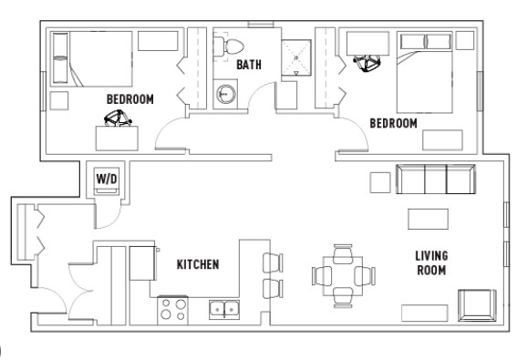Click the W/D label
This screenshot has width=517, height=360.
(x=106, y=179)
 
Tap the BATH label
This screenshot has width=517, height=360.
(x=248, y=66)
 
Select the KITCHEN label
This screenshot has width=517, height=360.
(x=197, y=264)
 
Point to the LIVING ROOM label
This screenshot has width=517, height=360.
(x=430, y=263)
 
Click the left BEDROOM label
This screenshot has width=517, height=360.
(x=129, y=98)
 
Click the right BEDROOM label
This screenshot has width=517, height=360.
(x=393, y=122)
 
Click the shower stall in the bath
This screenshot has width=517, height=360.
(x=295, y=55)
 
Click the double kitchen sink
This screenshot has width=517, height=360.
(x=222, y=310)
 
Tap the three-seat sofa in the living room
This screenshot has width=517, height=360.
(x=436, y=180)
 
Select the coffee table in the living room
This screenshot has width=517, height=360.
(x=427, y=219)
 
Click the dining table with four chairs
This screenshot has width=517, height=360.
(x=343, y=273)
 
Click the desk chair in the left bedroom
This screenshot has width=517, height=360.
(x=117, y=118)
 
